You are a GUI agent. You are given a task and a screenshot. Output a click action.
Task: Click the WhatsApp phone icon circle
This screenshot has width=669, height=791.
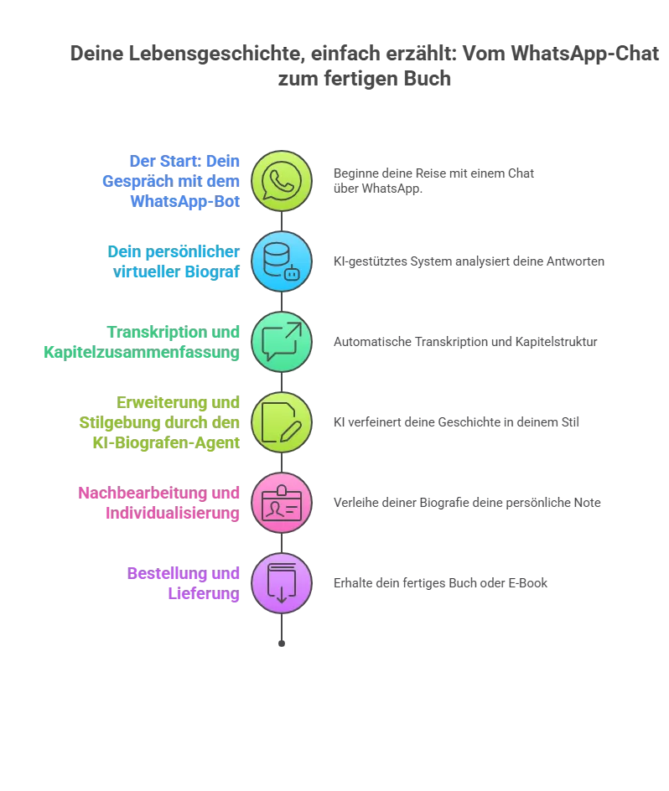(282, 181)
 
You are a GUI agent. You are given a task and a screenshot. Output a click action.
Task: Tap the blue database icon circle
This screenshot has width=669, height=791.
(282, 261)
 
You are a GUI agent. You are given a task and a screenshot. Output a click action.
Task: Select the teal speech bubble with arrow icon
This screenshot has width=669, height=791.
(282, 342)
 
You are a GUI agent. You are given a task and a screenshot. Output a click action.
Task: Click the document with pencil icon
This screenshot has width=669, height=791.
(282, 422)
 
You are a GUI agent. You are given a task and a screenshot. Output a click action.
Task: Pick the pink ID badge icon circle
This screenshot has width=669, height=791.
(282, 503)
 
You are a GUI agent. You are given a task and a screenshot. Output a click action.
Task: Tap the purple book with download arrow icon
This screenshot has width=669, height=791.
(282, 583)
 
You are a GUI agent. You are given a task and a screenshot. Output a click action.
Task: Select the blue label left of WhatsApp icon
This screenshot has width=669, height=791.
(172, 181)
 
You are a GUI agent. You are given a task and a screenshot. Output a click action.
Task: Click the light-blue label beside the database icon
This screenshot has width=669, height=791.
(174, 261)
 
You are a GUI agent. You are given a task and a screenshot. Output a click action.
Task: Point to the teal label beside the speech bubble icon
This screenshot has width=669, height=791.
(143, 342)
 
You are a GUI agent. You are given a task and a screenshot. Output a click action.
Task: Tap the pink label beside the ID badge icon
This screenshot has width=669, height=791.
(159, 503)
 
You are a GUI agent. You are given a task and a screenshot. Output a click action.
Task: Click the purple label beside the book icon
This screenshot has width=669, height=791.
(184, 583)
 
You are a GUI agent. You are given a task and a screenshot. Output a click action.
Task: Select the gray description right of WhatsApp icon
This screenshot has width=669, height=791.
(431, 181)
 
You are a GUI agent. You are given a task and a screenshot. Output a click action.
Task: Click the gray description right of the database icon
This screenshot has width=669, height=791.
(469, 261)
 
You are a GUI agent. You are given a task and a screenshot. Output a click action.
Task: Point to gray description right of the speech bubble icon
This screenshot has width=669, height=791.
(465, 342)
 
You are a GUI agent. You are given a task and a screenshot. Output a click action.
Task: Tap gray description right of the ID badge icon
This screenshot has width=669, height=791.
(467, 503)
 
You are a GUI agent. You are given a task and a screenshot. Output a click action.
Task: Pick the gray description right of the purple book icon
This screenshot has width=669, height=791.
(438, 583)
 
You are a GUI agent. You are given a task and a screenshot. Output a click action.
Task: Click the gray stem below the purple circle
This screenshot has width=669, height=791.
(282, 633)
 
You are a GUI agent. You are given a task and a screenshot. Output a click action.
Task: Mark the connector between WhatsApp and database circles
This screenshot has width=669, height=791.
(282, 221)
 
